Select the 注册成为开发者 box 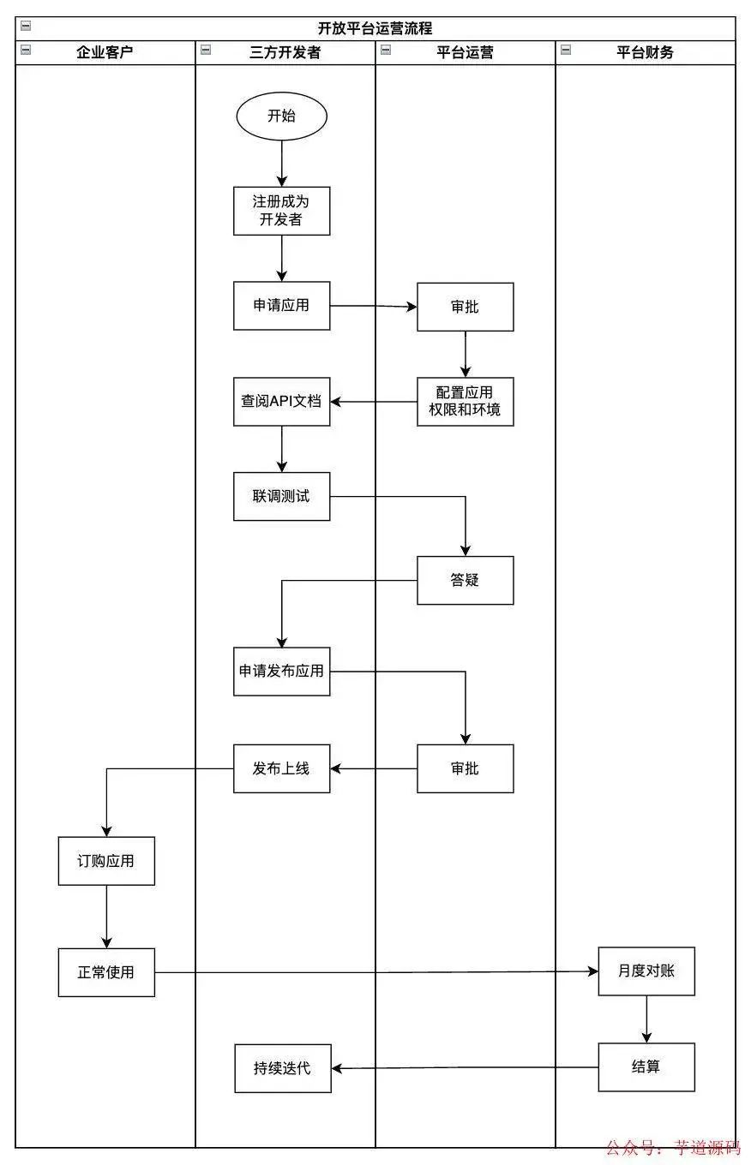click(281, 211)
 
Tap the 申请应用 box click(281, 306)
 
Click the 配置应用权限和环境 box click(465, 401)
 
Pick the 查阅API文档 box click(281, 401)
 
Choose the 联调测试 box click(281, 496)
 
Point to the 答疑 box click(465, 580)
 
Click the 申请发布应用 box click(281, 671)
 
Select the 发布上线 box click(281, 768)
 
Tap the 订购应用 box click(106, 861)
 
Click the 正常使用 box click(106, 972)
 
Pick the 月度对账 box click(646, 971)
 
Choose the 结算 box click(646, 1066)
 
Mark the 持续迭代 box click(282, 1068)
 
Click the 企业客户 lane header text click(105, 52)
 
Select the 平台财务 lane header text click(645, 52)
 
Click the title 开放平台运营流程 click(375, 28)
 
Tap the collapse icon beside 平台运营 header click(386, 51)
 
